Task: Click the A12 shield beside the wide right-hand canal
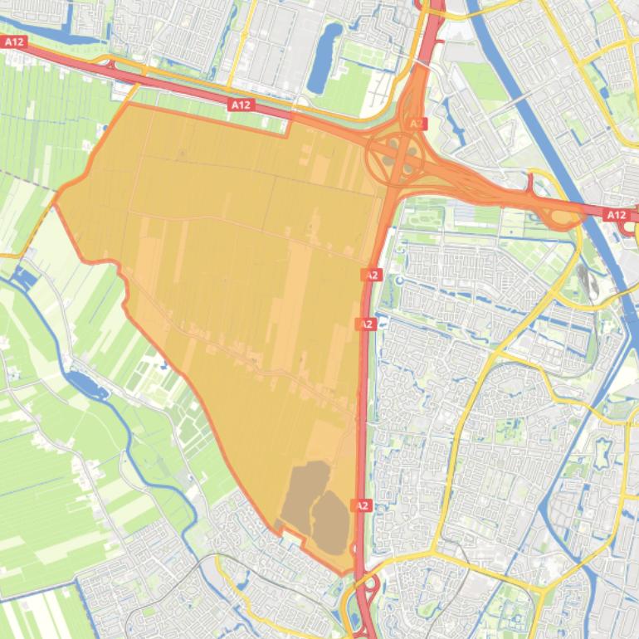pyautogui.click(x=616, y=215)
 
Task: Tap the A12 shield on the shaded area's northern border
pyautogui.click(x=240, y=105)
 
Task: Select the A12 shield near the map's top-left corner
pyautogui.click(x=14, y=41)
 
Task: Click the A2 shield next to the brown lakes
pyautogui.click(x=362, y=505)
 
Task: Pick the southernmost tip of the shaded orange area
pyautogui.click(x=341, y=573)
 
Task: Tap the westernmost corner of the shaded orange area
pyautogui.click(x=56, y=199)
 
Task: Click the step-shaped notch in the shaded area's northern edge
pyautogui.click(x=286, y=124)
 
